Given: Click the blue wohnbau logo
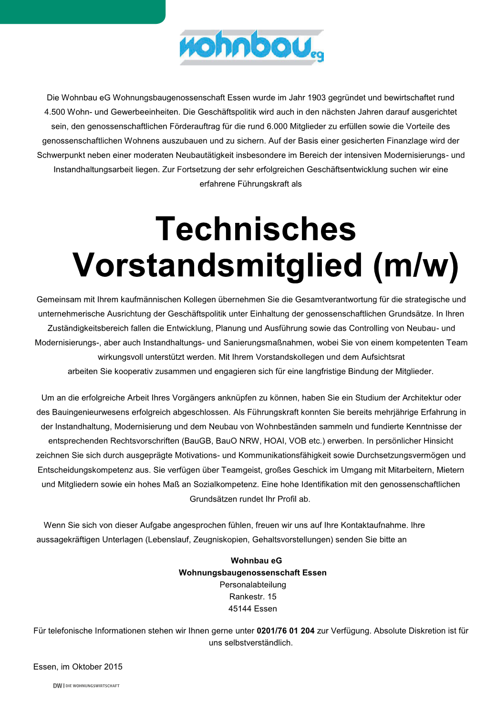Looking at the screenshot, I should tap(251, 47).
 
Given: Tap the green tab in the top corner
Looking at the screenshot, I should tap(82, 11).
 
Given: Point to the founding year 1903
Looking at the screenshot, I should tap(316, 98).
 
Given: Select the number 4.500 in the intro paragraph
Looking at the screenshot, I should tap(55, 112).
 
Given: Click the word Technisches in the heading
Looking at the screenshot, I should tap(256, 229).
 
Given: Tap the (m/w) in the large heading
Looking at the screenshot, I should tap(416, 265).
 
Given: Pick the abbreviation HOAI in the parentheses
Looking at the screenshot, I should tap(276, 441).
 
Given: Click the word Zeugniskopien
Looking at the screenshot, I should tap(220, 540).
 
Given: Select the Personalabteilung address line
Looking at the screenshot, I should tap(253, 585).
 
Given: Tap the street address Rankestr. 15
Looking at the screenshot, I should tap(253, 597).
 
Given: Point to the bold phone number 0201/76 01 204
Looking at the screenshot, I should tap(285, 631).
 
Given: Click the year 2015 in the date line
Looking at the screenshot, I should tap(113, 667).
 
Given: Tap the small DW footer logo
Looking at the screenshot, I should tap(58, 686).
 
